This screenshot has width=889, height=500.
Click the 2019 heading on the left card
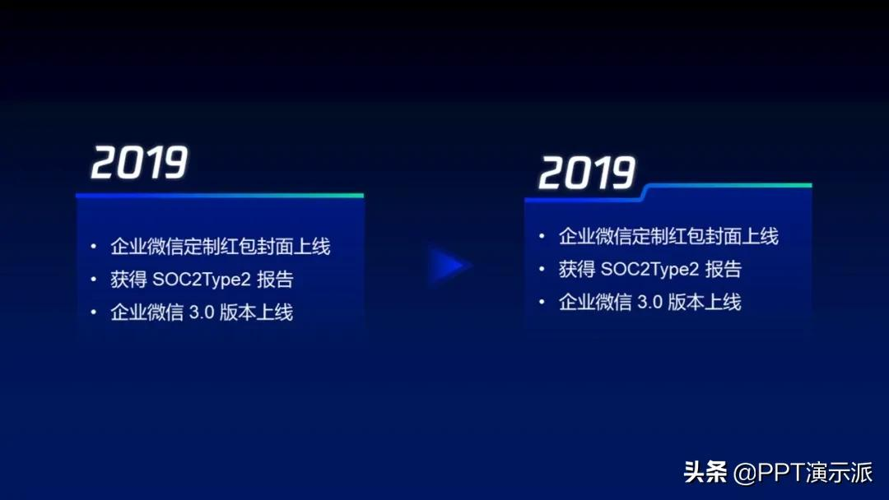139,163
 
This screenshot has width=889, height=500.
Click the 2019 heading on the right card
587,173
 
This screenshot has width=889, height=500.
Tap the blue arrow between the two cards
448,265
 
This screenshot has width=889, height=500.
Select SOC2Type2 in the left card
202,279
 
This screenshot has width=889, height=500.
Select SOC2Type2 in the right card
649,269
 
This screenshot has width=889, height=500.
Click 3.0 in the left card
201,312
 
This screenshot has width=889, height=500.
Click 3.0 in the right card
649,302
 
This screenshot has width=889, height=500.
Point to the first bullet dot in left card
94,247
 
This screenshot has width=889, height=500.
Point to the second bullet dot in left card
94,279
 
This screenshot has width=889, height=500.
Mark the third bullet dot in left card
94,312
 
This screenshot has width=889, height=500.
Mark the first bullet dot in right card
542,236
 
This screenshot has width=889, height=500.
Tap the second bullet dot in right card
542,269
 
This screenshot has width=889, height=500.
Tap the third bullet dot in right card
542,302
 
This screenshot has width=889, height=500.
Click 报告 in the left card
275,279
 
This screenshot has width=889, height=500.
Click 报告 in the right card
724,269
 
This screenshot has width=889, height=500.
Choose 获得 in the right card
577,269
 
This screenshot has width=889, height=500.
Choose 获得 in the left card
128,279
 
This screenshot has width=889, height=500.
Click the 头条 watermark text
705,472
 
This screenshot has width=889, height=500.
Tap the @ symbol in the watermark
744,474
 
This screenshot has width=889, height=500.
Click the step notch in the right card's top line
645,192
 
